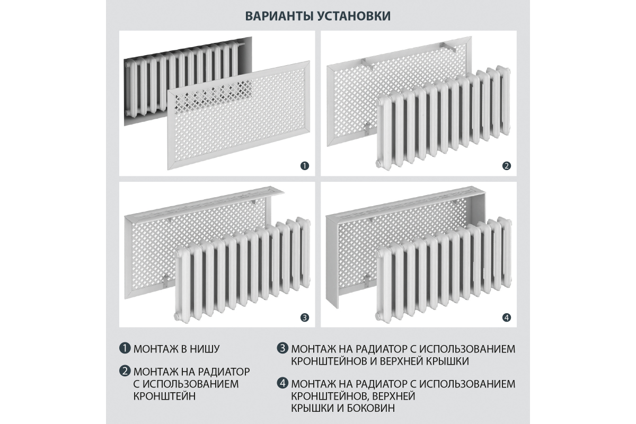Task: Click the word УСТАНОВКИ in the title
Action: [x=354, y=16]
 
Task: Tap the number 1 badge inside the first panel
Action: [x=305, y=166]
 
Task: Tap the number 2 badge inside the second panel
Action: [x=507, y=166]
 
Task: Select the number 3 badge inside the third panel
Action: [x=305, y=317]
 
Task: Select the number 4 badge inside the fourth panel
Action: [x=507, y=317]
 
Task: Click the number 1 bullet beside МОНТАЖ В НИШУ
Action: [x=125, y=348]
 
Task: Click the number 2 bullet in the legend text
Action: [x=125, y=371]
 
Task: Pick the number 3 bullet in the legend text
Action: [x=282, y=348]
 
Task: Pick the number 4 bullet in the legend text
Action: [x=282, y=383]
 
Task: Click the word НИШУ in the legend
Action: [x=205, y=349]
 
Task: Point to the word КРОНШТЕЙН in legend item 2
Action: [x=164, y=396]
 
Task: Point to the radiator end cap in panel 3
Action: [x=177, y=315]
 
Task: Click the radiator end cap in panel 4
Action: [x=378, y=315]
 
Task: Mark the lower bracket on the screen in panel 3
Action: [x=166, y=281]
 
